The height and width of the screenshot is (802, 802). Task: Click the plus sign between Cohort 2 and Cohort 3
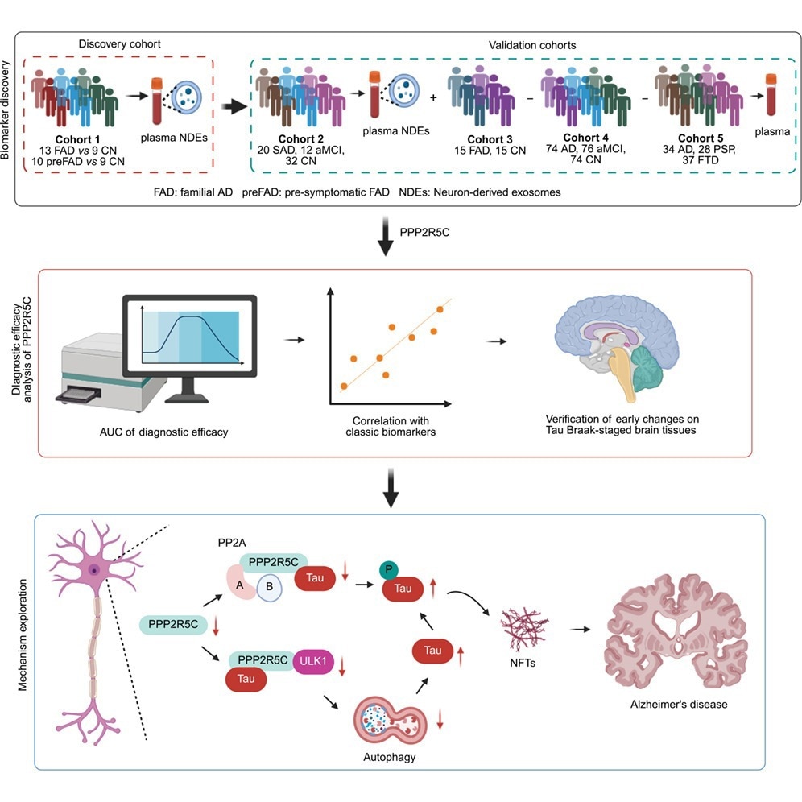coord(434,97)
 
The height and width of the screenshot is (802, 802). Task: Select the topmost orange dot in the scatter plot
coord(440,309)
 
